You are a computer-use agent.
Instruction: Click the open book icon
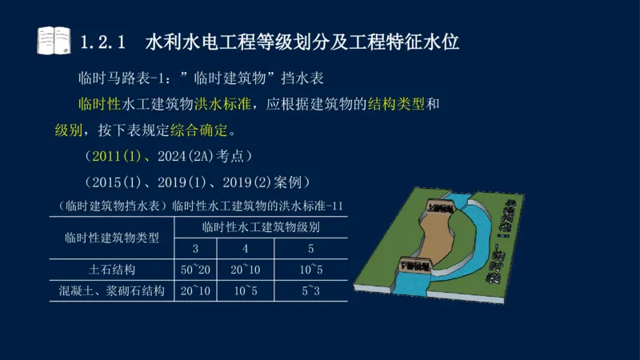click(x=54, y=40)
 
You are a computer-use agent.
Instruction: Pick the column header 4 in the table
click(x=245, y=247)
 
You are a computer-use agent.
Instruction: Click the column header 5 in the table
click(x=310, y=247)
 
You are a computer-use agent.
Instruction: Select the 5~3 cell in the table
click(x=310, y=290)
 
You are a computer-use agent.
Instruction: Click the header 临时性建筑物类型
click(x=112, y=237)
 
